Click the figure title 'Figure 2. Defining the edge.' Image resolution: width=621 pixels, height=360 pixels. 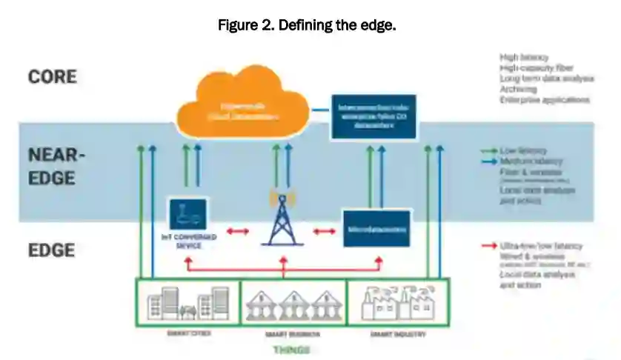pyautogui.click(x=307, y=26)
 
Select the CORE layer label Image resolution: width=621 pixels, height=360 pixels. pyautogui.click(x=52, y=76)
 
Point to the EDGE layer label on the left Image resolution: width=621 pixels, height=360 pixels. pyautogui.click(x=51, y=250)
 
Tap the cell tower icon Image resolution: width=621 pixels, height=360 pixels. pyautogui.click(x=281, y=219)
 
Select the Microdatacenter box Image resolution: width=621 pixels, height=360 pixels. pyautogui.click(x=376, y=230)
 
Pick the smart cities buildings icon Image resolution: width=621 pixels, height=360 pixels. pyautogui.click(x=187, y=301)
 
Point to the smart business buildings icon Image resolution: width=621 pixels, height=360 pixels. pyautogui.click(x=293, y=303)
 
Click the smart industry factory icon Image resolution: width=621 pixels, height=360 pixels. pyautogui.click(x=396, y=301)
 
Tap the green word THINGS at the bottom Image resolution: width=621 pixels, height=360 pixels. pyautogui.click(x=292, y=350)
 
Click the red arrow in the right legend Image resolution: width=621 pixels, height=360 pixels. pyautogui.click(x=488, y=245)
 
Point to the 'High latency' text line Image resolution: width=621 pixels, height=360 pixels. pyautogui.click(x=525, y=56)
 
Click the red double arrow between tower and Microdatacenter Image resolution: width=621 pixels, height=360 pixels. pyautogui.click(x=324, y=232)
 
